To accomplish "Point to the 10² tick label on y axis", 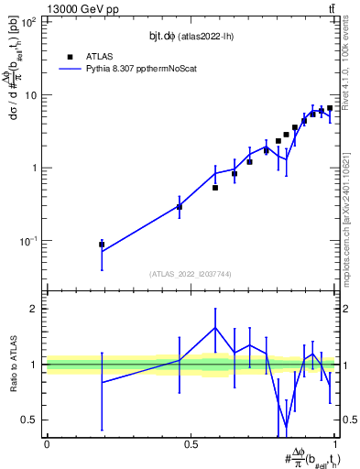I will [x=28, y=22].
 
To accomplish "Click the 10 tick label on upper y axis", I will [x=31, y=95].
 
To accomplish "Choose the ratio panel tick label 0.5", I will [x=30, y=420].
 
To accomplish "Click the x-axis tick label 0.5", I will [x=191, y=444].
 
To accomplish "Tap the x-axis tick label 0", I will [x=47, y=444].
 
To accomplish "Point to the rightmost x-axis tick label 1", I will [x=334, y=444].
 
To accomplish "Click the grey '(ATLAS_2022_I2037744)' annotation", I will [x=191, y=274].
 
